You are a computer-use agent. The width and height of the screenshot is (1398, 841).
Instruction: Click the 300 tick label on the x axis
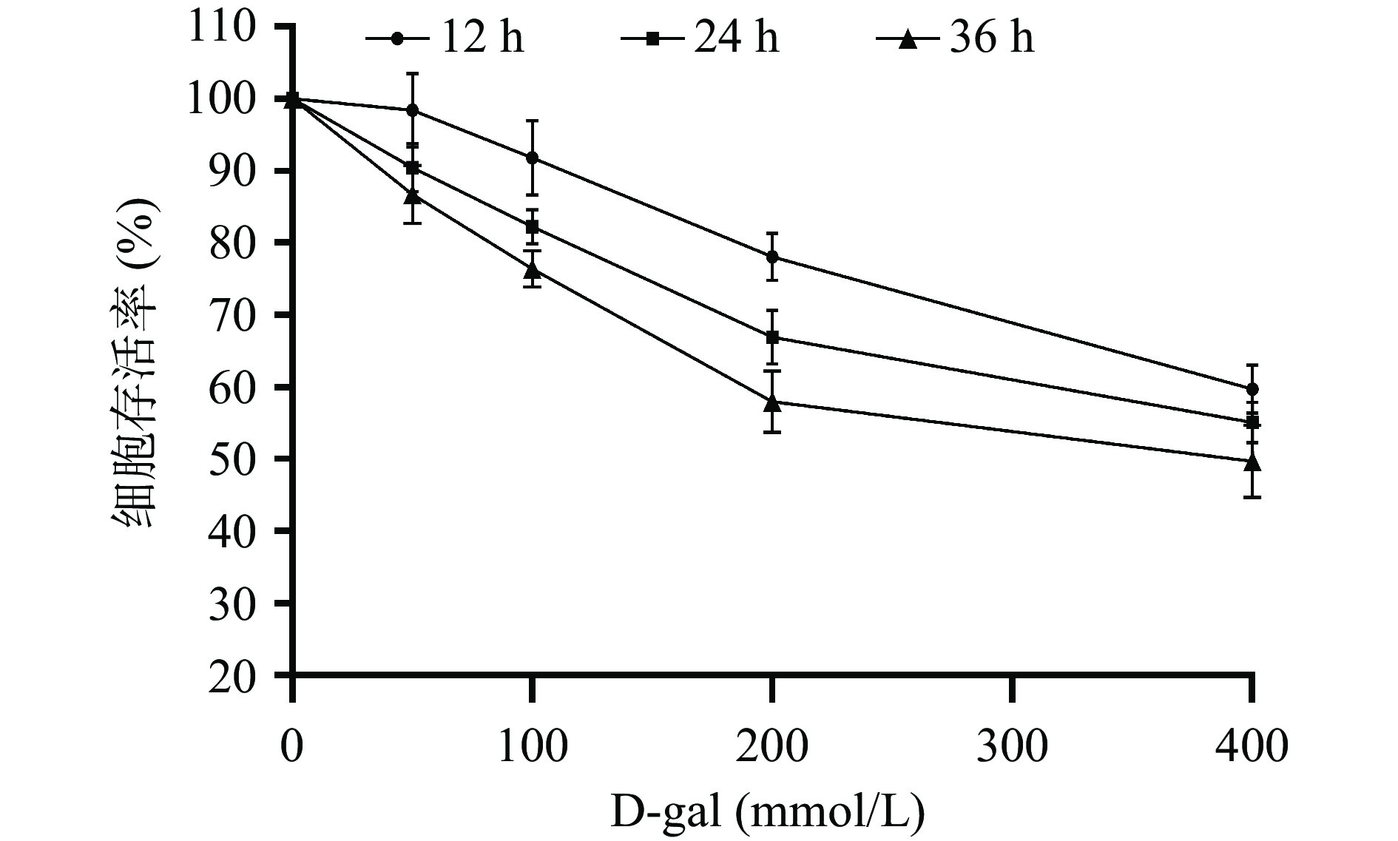click(1011, 747)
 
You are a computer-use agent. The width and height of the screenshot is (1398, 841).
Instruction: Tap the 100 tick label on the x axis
click(532, 747)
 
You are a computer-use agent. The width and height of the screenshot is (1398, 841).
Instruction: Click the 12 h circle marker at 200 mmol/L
click(772, 257)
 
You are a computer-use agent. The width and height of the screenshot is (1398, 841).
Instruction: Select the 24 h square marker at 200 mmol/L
click(772, 338)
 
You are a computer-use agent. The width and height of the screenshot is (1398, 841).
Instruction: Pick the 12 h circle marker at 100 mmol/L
click(532, 158)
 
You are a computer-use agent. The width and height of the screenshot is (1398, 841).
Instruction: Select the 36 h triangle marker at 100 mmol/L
click(532, 270)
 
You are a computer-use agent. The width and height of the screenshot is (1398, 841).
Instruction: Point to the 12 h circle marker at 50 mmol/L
click(412, 110)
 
